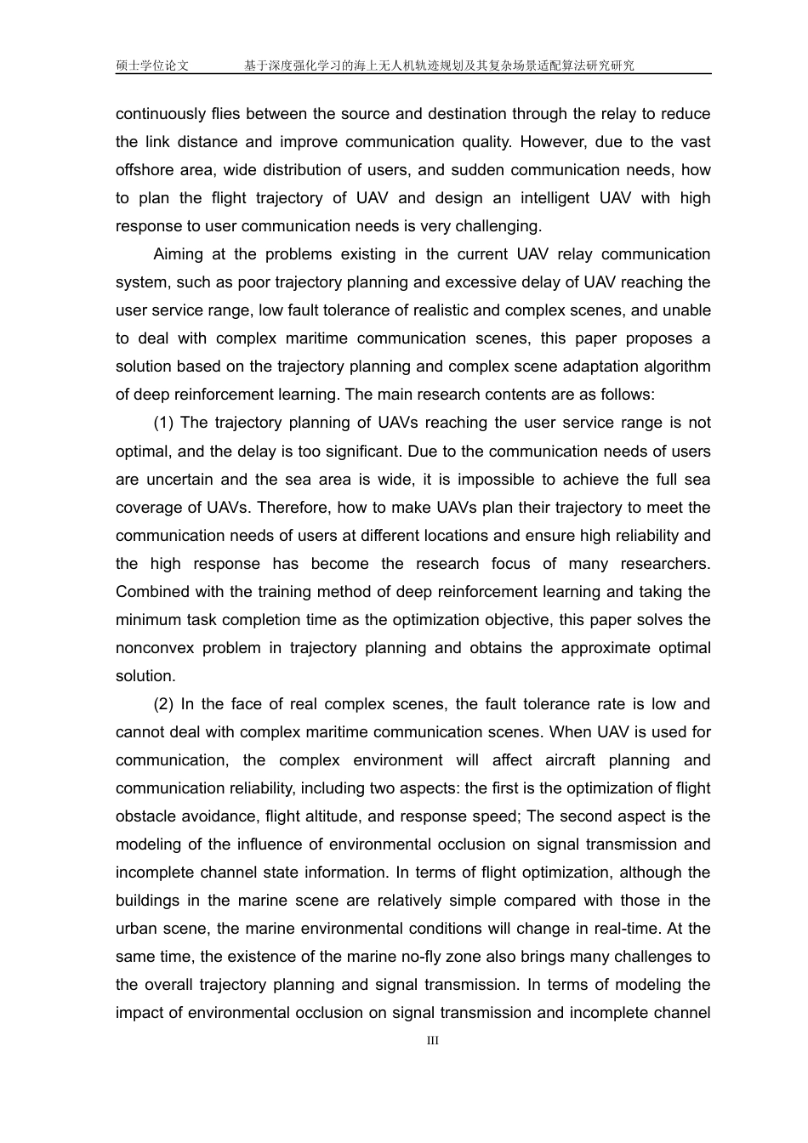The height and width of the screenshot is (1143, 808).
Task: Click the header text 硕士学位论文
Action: [x=152, y=65]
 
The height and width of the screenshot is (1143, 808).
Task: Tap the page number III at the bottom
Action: [x=432, y=1041]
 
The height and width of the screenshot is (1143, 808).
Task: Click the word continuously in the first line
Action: [x=161, y=114]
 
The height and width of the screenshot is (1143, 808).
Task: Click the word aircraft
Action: [x=575, y=760]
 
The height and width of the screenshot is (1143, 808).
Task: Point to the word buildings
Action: [x=148, y=901]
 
